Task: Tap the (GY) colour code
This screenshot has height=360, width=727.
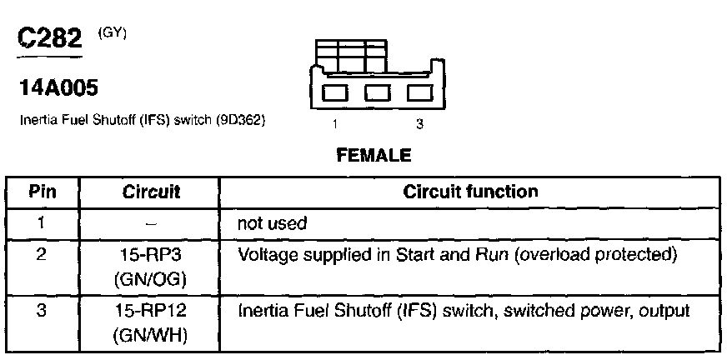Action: [x=111, y=32]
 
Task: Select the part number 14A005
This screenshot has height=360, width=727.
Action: [x=57, y=87]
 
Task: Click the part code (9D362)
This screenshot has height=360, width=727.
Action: [x=240, y=120]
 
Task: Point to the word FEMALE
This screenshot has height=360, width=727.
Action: [x=374, y=154]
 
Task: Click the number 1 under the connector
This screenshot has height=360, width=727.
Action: [x=335, y=125]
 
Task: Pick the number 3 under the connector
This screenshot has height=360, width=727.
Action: [x=419, y=125]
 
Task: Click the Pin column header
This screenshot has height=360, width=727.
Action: [x=43, y=192]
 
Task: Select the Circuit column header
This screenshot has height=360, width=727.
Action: [x=152, y=192]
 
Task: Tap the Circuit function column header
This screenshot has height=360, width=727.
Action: [x=470, y=192]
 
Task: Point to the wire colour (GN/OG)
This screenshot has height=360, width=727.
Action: [x=152, y=279]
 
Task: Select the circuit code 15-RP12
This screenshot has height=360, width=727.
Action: [x=152, y=312]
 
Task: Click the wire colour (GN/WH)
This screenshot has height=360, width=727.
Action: [x=152, y=337]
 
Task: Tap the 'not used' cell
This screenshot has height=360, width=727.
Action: [x=273, y=223]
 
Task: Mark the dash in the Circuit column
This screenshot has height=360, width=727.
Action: [x=152, y=224]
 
